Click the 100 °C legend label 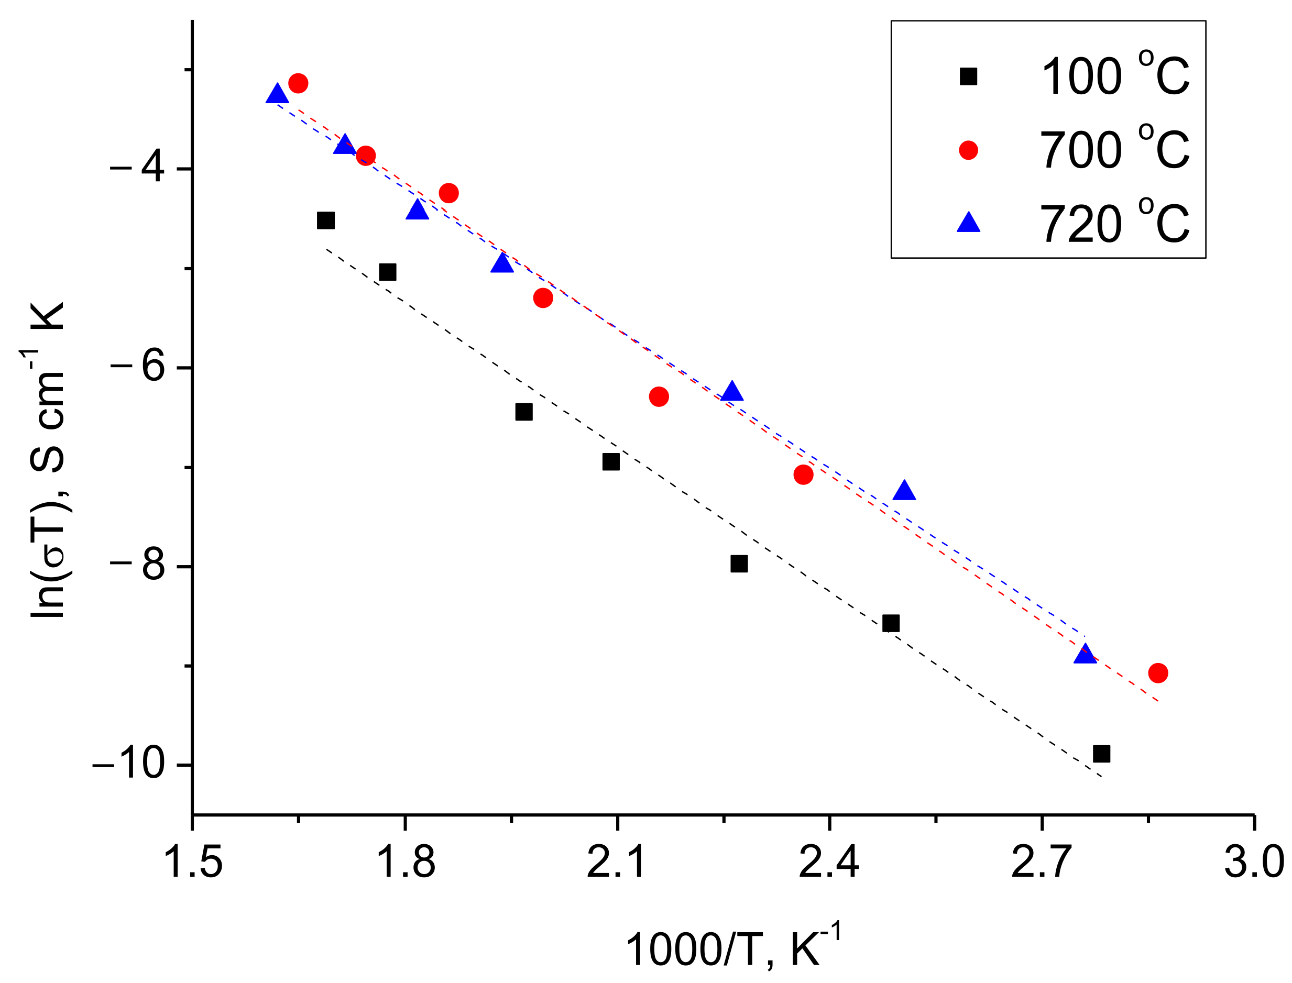1114,76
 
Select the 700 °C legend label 1114,150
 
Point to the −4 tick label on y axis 136,168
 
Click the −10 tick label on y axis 128,764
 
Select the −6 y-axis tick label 136,367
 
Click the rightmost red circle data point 1158,673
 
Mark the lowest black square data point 1102,754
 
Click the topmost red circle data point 298,83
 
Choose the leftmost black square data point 325,220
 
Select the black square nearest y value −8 739,564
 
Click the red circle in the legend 968,150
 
